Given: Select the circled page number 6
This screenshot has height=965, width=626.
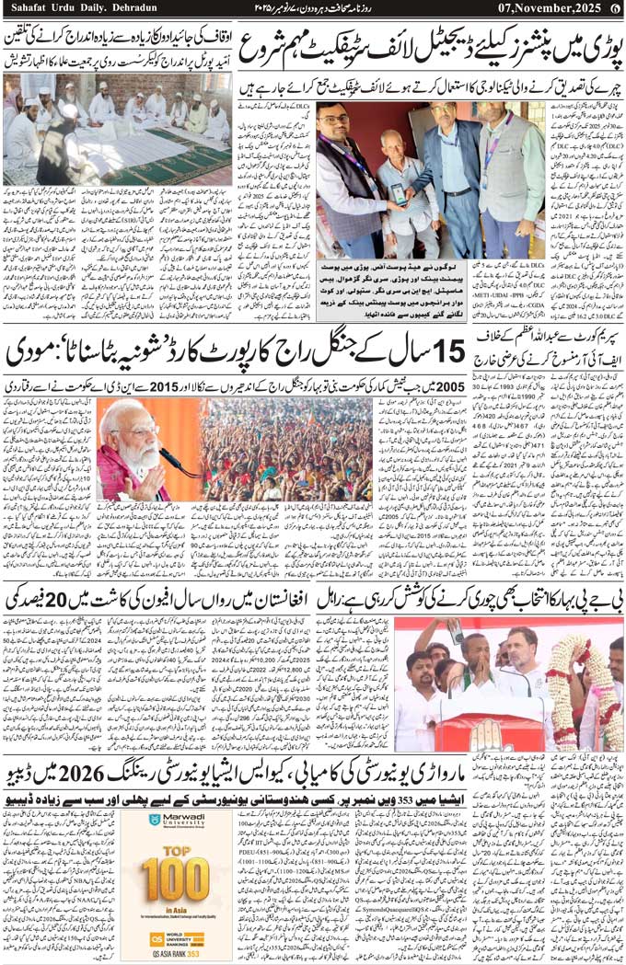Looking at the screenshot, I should [x=615, y=9].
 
